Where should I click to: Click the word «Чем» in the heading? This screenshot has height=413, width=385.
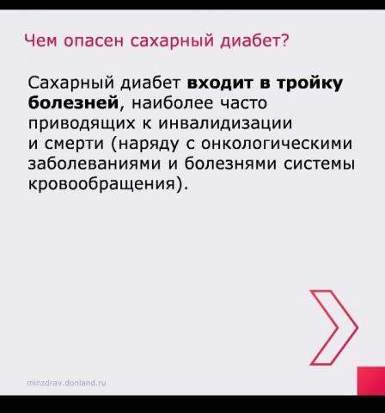(x=40, y=40)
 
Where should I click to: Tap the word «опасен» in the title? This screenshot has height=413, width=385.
(x=94, y=41)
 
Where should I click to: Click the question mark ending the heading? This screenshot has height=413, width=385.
(x=284, y=40)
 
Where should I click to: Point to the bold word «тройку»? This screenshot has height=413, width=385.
(x=309, y=83)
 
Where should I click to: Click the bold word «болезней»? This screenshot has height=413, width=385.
(x=73, y=103)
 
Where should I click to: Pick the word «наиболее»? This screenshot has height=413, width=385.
(x=172, y=103)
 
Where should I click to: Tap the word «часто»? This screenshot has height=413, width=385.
(x=243, y=103)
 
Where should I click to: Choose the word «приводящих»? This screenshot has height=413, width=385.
(x=82, y=124)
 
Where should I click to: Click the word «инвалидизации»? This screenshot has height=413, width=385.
(x=225, y=124)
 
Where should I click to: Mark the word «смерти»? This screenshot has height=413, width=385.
(x=74, y=145)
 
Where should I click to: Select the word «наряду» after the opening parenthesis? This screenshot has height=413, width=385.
(x=149, y=145)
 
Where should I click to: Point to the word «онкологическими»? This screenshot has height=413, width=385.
(x=277, y=144)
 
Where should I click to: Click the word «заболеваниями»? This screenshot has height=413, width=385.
(x=95, y=163)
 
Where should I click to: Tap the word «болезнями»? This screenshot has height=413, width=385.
(x=230, y=163)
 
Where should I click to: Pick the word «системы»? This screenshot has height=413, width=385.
(x=319, y=164)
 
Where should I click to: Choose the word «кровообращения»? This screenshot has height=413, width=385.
(x=101, y=184)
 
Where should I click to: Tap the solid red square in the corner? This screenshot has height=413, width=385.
(x=371, y=381)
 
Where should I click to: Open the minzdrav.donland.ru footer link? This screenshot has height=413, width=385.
(x=66, y=383)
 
